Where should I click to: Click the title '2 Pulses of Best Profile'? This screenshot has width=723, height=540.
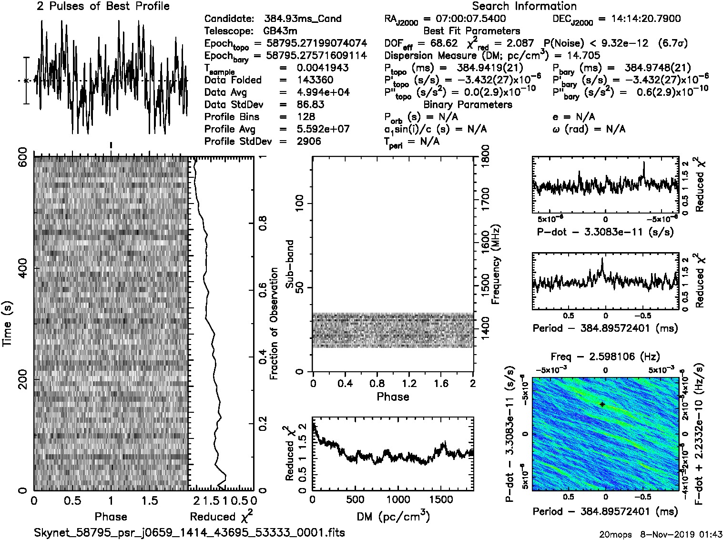103,7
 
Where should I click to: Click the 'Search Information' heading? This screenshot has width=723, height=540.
524,7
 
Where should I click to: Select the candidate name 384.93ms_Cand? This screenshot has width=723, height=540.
303,19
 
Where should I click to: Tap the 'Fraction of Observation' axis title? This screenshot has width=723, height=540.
274,323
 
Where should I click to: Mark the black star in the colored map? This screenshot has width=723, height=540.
602,404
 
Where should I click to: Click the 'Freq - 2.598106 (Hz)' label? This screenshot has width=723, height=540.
605,357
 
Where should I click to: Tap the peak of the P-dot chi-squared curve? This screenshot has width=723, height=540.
643,163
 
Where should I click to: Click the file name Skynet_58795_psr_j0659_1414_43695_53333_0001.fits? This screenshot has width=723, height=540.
189,532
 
